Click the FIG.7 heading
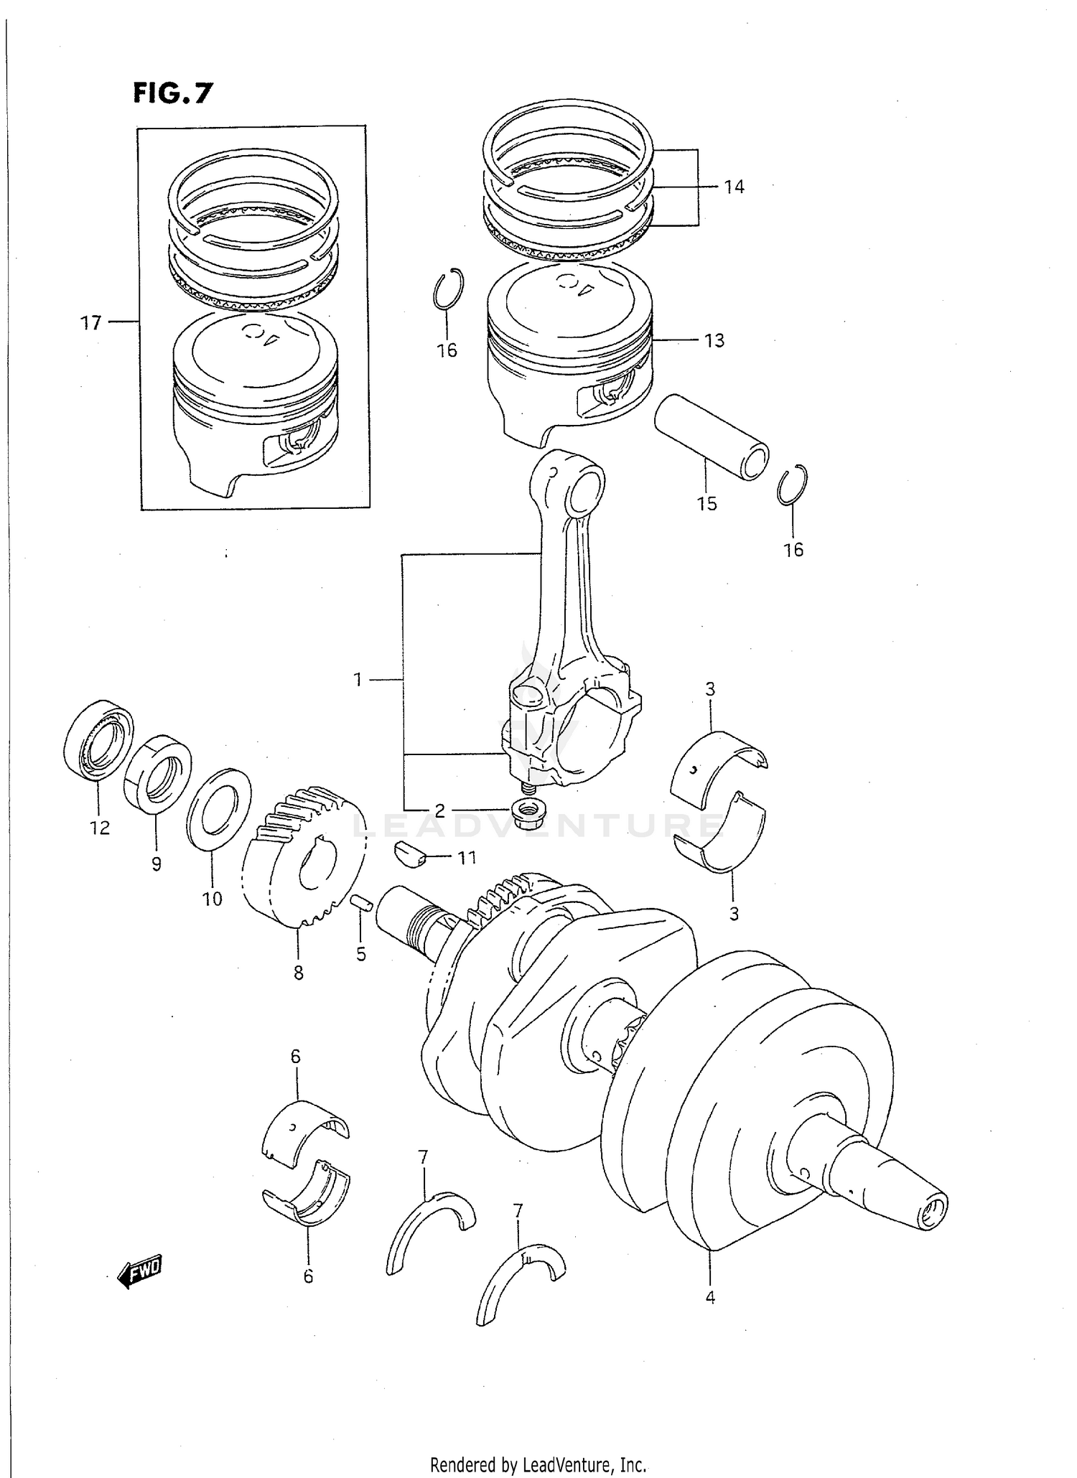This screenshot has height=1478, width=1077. pyautogui.click(x=172, y=93)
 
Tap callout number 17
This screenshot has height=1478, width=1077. pyautogui.click(x=90, y=323)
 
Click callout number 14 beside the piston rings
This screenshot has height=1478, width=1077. pyautogui.click(x=733, y=187)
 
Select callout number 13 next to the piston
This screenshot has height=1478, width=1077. pyautogui.click(x=714, y=340)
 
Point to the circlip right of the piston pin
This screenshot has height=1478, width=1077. pyautogui.click(x=793, y=485)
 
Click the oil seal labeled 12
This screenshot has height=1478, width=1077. pyautogui.click(x=98, y=742)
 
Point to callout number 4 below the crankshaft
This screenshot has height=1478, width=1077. pyautogui.click(x=709, y=1297)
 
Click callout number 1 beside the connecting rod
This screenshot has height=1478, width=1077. pyautogui.click(x=358, y=679)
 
